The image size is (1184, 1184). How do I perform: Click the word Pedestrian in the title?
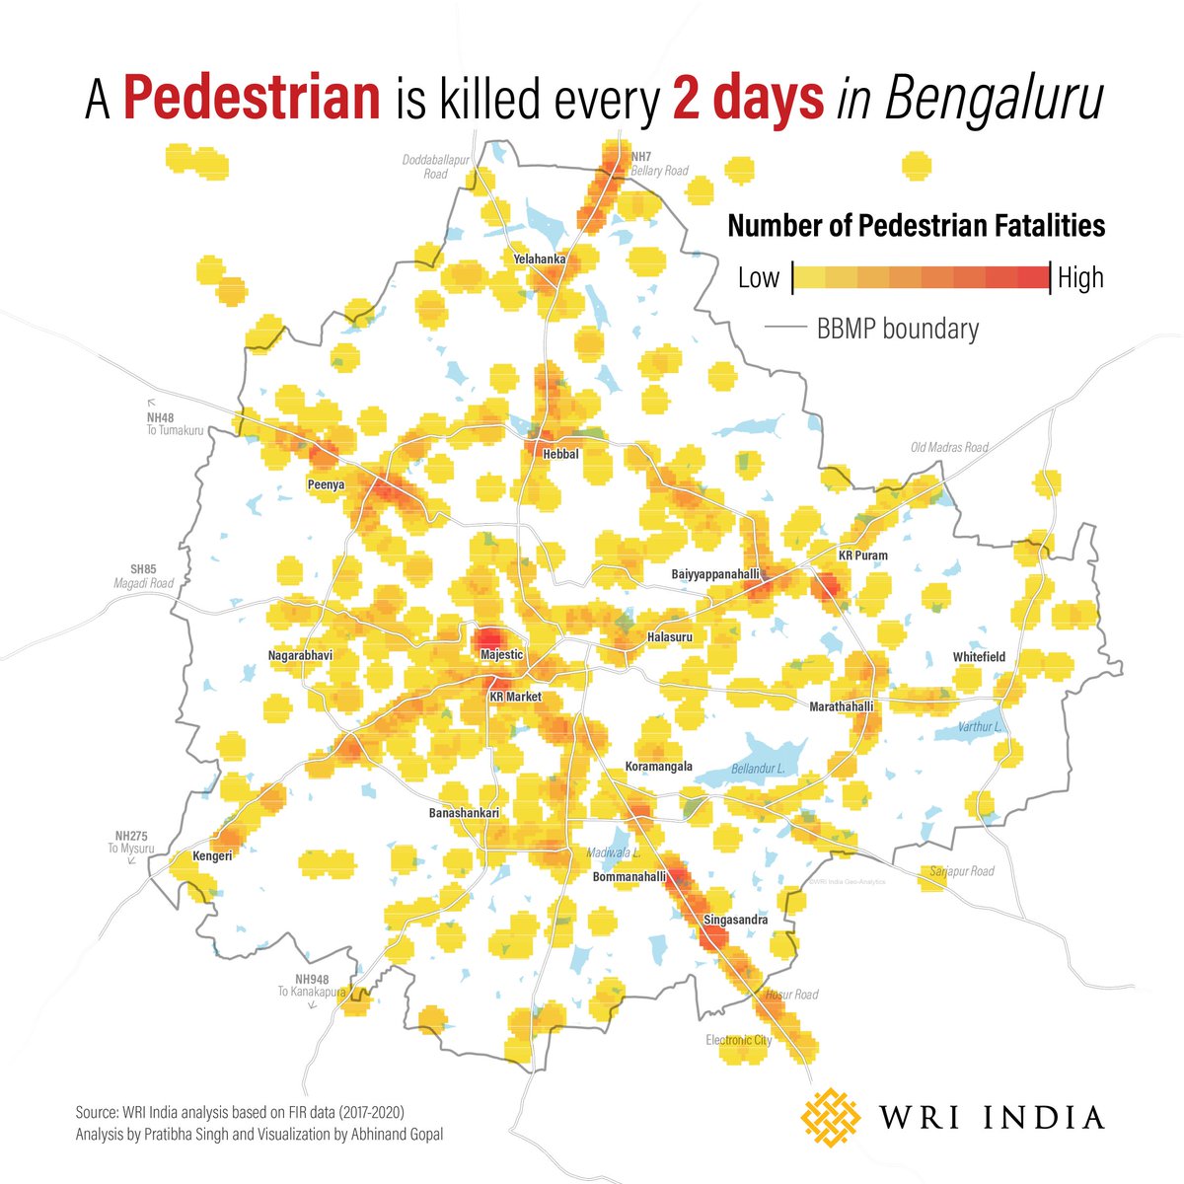pyautogui.click(x=253, y=101)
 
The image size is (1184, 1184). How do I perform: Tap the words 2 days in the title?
pyautogui.click(x=748, y=101)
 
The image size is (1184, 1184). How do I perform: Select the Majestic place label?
pyautogui.click(x=501, y=655)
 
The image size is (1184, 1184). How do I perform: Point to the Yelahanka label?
pyautogui.click(x=540, y=259)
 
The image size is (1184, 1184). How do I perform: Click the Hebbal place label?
pyautogui.click(x=560, y=455)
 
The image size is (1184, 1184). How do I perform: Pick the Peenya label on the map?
pyautogui.click(x=326, y=485)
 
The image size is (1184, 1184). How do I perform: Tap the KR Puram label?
pyautogui.click(x=862, y=555)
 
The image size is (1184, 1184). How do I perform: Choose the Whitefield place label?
pyautogui.click(x=979, y=657)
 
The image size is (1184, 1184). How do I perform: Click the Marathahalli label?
pyautogui.click(x=842, y=707)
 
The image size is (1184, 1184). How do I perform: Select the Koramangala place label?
pyautogui.click(x=659, y=767)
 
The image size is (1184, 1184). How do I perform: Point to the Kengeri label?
pyautogui.click(x=212, y=856)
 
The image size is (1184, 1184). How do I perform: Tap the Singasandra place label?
pyautogui.click(x=736, y=921)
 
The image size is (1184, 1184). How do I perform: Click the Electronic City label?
pyautogui.click(x=739, y=1040)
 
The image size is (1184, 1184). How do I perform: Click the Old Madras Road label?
pyautogui.click(x=949, y=448)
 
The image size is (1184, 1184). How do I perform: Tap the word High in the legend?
pyautogui.click(x=1080, y=278)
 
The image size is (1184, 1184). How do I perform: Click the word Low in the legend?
pyautogui.click(x=759, y=278)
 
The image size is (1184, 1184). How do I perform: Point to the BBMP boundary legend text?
pyautogui.click(x=898, y=329)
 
